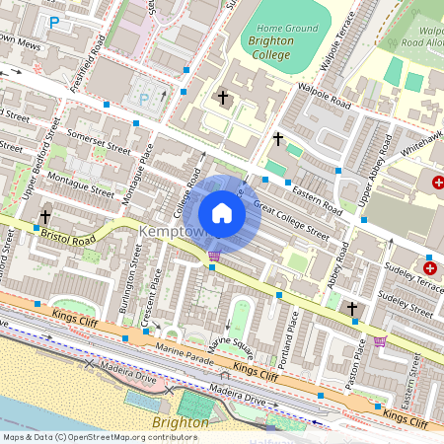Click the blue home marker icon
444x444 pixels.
(x=222, y=213)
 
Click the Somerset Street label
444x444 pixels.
(x=97, y=140)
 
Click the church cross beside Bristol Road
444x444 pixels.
(x=45, y=216)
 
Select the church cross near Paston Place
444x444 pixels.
(x=352, y=310)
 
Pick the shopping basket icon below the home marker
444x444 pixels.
(x=214, y=257)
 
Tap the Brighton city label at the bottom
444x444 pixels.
(x=181, y=422)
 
